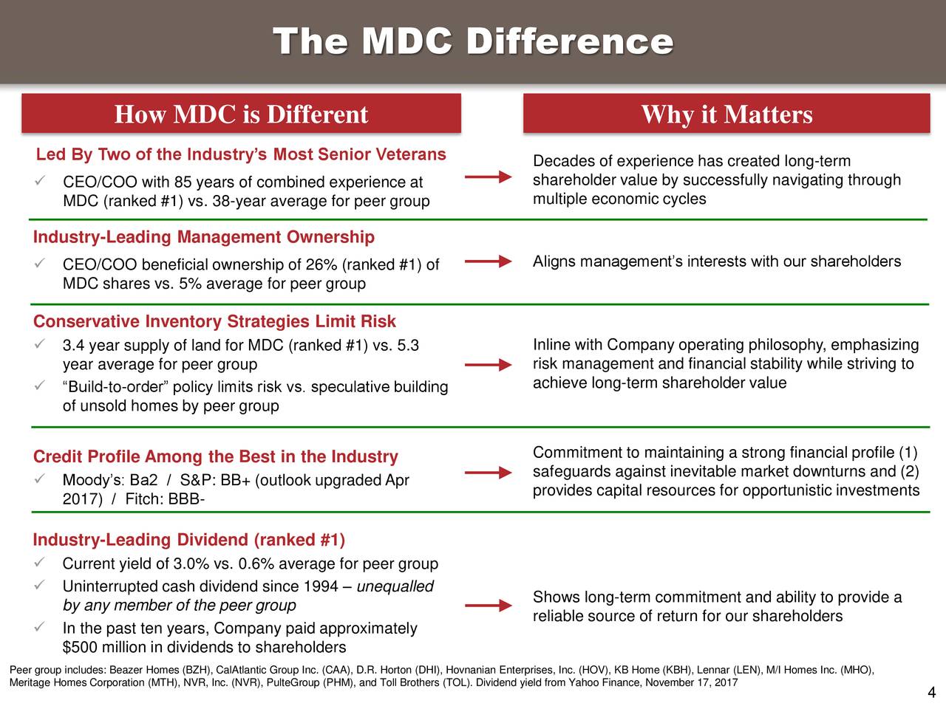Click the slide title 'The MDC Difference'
pos(473,41)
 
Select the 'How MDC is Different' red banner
pos(241,114)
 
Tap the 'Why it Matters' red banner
pos(726,114)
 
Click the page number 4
pos(931,693)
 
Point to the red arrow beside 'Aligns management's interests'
pos(489,261)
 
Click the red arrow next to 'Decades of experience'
pos(489,177)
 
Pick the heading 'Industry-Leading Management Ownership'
pos(204,237)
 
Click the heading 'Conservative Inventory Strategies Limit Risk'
pos(214,322)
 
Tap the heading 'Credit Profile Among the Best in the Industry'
pos(216,457)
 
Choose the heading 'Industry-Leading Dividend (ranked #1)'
pos(189,541)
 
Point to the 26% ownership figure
pos(326,265)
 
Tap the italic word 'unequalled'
pos(395,587)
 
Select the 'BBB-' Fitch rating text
pos(187,500)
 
